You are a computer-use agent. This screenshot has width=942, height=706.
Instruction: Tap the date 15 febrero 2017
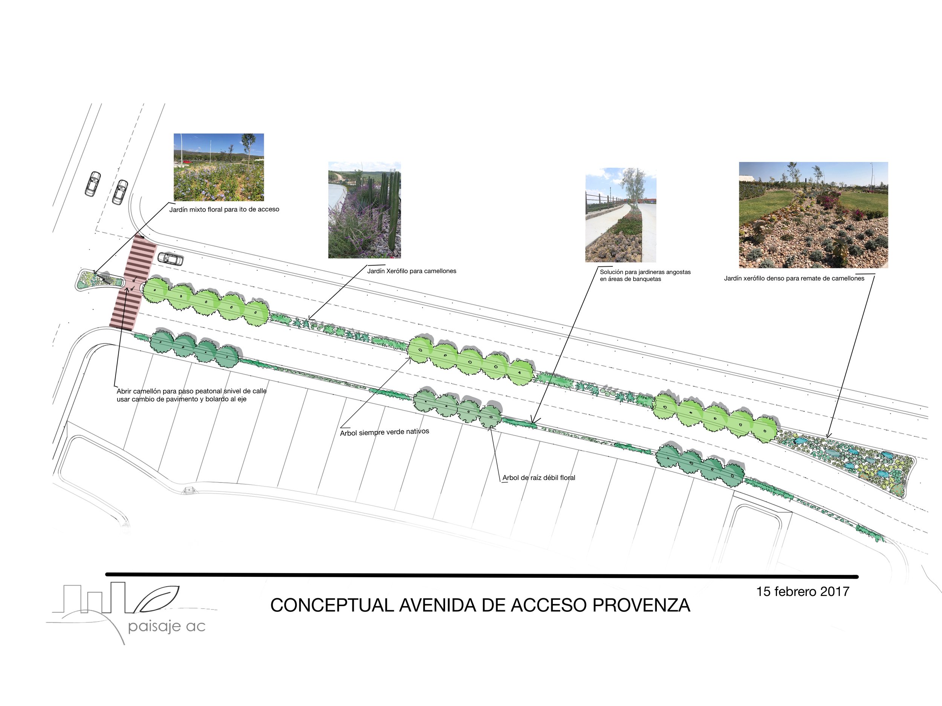[803, 591]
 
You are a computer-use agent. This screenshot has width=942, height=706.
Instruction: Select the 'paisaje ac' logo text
[167, 627]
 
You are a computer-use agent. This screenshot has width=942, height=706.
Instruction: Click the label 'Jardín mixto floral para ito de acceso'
[224, 209]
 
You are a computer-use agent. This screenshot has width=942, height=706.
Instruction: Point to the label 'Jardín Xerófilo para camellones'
[411, 271]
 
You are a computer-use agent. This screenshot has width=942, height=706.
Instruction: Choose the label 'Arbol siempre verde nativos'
[384, 432]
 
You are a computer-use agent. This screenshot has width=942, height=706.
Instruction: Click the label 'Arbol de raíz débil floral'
[539, 478]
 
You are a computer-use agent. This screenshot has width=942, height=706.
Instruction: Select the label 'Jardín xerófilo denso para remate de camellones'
[794, 278]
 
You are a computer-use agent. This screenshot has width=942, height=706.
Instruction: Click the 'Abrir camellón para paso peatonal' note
[191, 395]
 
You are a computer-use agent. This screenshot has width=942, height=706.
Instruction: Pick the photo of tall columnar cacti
[364, 210]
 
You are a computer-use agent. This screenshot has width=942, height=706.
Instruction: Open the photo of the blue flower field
[219, 167]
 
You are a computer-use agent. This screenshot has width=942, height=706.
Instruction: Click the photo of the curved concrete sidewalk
[621, 215]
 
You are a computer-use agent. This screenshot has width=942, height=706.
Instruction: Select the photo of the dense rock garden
[813, 215]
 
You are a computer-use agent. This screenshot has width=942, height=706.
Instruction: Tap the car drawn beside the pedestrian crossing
[170, 258]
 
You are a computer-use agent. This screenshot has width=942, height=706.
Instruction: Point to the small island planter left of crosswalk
[99, 280]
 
